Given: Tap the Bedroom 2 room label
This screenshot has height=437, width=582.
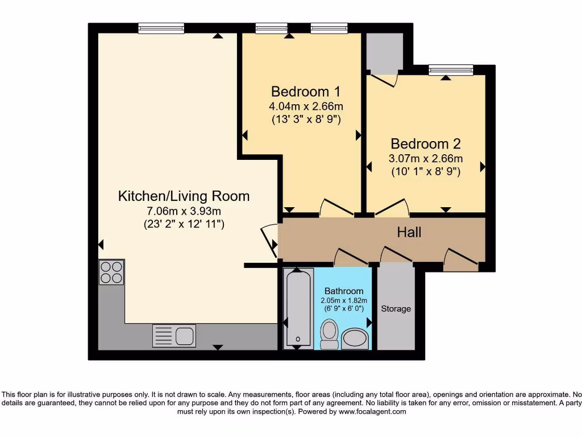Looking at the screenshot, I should tap(425, 144).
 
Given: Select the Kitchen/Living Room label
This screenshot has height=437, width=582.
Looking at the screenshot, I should tap(184, 196).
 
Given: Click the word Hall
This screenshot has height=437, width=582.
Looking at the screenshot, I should tap(409, 232).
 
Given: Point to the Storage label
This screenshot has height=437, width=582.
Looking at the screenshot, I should tap(396, 309).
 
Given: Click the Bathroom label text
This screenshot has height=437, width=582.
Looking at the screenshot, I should tap(344, 291).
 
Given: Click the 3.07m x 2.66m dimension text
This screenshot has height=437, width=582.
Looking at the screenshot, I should tap(425, 158).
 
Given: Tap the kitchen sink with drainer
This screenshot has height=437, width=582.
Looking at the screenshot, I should tap(174, 336).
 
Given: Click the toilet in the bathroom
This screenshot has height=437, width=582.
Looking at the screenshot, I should tap(329, 334).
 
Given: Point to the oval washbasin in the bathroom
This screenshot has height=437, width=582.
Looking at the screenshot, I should tap(356, 338).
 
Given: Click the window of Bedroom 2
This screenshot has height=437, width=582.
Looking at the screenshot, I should tap(451, 70).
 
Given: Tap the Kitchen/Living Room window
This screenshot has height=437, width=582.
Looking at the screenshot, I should tap(161, 28).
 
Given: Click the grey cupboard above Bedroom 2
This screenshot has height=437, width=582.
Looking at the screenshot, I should tap(384, 51).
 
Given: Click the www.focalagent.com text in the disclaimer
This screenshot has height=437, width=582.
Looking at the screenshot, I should tap(372, 411).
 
